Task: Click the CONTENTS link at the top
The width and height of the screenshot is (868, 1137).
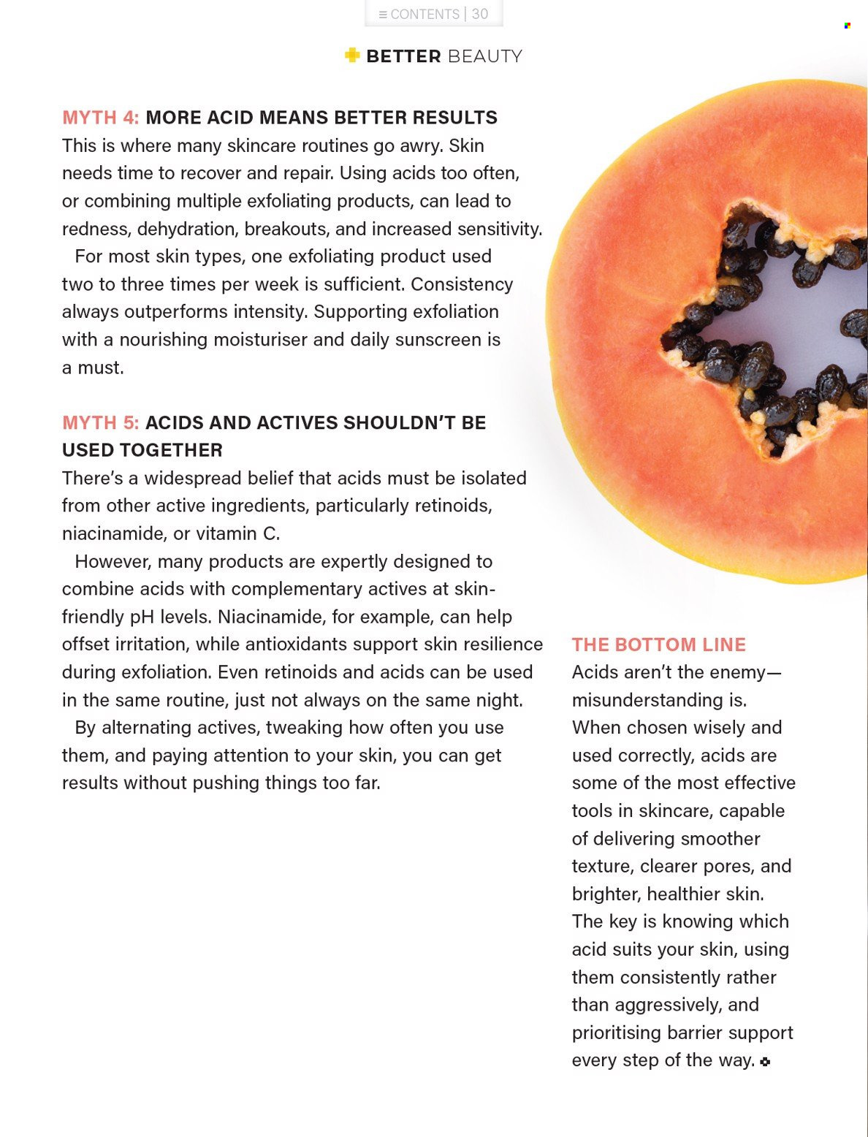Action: pos(419,15)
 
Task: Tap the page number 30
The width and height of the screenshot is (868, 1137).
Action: pos(480,14)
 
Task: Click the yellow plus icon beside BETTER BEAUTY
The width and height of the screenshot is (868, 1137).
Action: pos(352,55)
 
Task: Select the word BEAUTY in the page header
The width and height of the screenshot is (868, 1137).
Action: pos(485,56)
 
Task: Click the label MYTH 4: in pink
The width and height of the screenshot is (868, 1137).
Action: pos(100,118)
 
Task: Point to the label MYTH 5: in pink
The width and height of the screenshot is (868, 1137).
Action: pos(100,423)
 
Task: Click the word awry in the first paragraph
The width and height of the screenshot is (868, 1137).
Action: pos(421,145)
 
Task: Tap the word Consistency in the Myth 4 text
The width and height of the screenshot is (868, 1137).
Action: pos(462,284)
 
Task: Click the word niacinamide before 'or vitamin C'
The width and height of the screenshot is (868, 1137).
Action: pos(113,533)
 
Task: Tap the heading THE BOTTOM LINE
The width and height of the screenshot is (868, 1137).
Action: pos(659,644)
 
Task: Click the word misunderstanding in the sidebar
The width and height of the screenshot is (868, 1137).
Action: pos(647,700)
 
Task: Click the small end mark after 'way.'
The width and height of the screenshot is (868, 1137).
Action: pos(765,1062)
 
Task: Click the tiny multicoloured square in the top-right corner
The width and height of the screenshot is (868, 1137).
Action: pos(847,26)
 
